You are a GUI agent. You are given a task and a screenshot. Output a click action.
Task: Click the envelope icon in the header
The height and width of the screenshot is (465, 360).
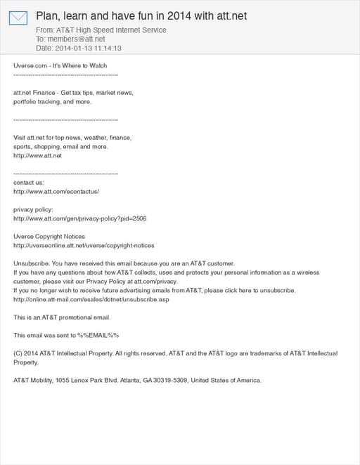18,18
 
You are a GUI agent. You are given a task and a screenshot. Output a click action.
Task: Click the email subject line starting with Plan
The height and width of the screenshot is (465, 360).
141,15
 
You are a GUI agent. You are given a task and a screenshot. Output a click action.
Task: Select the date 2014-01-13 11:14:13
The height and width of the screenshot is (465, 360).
89,48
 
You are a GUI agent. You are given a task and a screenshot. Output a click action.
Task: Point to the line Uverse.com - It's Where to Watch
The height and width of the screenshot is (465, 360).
60,65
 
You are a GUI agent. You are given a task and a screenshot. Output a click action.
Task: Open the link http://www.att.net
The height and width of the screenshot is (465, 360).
38,156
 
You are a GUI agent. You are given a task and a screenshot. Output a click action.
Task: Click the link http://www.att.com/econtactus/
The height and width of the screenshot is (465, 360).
56,192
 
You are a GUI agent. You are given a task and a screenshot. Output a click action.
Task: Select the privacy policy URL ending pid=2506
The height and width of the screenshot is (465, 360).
80,218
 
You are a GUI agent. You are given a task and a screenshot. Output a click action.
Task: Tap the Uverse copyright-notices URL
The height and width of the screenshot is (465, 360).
84,246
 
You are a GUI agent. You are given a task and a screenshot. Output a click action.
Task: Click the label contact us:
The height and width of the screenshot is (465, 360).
29,183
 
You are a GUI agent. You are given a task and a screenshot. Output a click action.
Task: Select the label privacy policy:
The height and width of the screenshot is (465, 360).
33,209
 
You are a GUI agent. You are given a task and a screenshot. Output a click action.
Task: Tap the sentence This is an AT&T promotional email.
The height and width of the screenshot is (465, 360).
62,317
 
